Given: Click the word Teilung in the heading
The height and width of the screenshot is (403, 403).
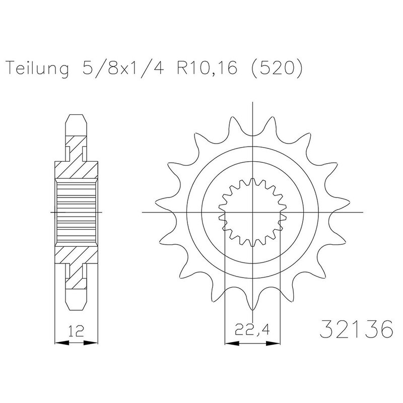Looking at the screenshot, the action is tap(37, 69).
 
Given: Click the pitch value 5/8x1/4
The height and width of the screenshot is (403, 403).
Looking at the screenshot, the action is tap(123, 68).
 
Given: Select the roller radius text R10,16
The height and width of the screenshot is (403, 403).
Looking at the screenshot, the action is tap(207, 68).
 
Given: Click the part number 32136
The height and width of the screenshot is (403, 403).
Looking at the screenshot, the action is tap(357, 329).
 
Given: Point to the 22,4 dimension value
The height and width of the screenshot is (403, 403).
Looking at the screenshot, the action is tap(252, 329).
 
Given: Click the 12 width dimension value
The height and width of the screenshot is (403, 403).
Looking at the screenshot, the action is tap(77, 330).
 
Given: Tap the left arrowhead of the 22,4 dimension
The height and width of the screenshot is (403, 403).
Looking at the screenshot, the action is tap(232, 343).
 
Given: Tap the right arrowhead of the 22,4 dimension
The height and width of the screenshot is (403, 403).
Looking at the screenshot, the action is tap(273, 343).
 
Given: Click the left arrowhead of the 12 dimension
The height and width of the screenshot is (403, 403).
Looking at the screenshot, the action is tap(62, 343).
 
